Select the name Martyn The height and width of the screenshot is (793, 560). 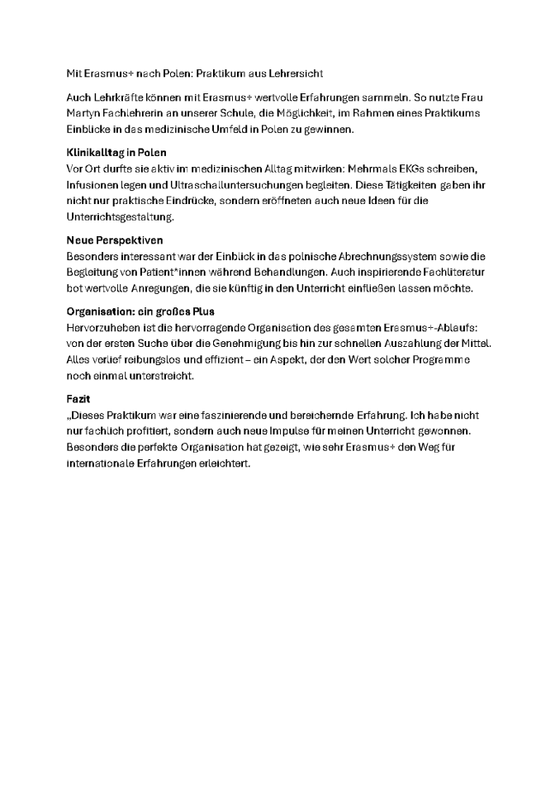[83, 112]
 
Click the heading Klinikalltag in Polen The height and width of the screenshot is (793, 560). [116, 152]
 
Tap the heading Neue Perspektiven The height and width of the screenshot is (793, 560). [114, 240]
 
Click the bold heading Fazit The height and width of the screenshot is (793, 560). [78, 399]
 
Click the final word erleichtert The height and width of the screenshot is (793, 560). [223, 463]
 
